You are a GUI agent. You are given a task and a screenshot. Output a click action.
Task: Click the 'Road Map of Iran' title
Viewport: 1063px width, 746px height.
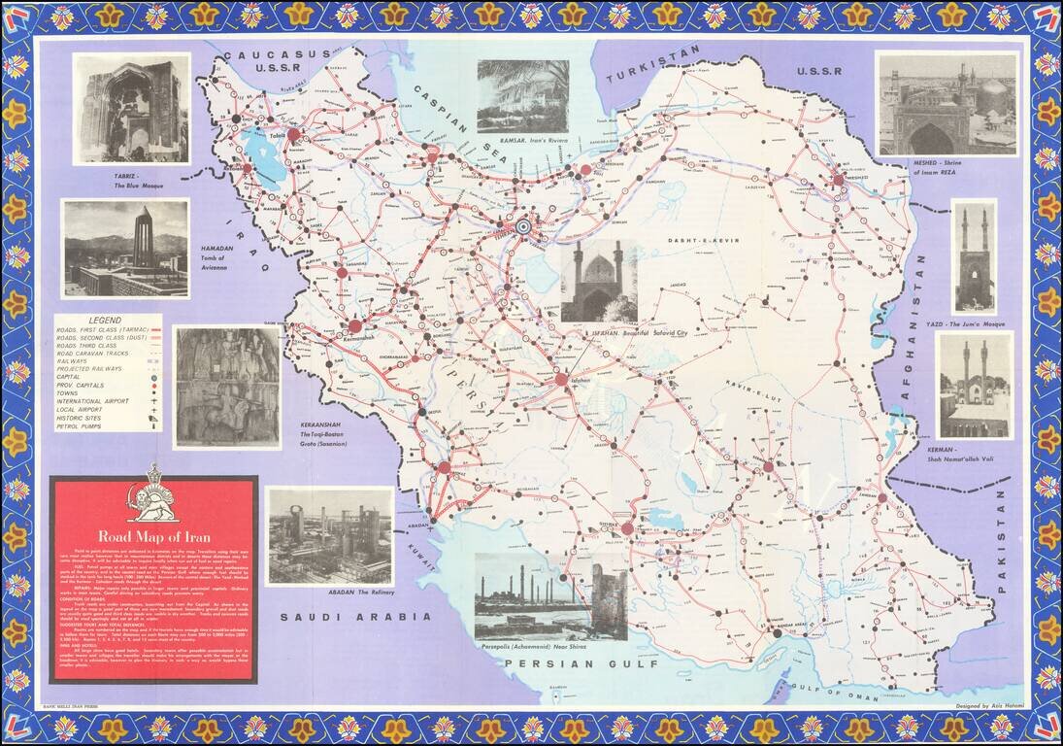(x=153, y=535)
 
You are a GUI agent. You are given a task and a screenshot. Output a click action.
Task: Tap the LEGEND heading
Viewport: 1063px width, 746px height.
(x=108, y=320)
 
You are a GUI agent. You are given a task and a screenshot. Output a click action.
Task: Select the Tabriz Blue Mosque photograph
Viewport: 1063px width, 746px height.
(x=131, y=109)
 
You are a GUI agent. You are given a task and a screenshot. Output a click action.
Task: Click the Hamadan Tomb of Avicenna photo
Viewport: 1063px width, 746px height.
(x=125, y=249)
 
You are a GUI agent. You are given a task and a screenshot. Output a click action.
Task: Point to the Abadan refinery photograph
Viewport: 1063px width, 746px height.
(x=329, y=535)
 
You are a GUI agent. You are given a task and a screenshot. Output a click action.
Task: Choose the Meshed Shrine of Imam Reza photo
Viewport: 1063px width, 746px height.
(x=947, y=103)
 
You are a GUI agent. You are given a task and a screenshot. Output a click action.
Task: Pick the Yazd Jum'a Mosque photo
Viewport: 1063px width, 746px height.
(x=973, y=256)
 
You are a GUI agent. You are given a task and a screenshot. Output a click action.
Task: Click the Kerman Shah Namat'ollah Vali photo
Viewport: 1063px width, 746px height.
(x=974, y=385)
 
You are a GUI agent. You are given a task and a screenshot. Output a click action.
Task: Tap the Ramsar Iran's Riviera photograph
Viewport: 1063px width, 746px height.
(x=522, y=96)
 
